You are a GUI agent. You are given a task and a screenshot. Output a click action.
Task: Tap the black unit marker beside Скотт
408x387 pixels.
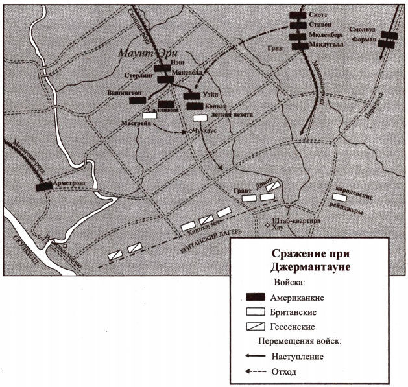point(298,14)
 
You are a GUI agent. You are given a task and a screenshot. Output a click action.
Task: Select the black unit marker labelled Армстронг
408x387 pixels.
point(43,186)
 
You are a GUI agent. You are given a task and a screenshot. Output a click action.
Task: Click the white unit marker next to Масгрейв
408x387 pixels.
point(149,116)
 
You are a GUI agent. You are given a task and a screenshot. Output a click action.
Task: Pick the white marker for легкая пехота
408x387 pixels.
point(199,117)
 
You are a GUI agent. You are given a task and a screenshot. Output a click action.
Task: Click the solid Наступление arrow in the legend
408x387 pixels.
point(260,356)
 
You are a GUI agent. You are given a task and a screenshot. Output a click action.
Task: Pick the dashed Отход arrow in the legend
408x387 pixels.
point(260,371)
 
